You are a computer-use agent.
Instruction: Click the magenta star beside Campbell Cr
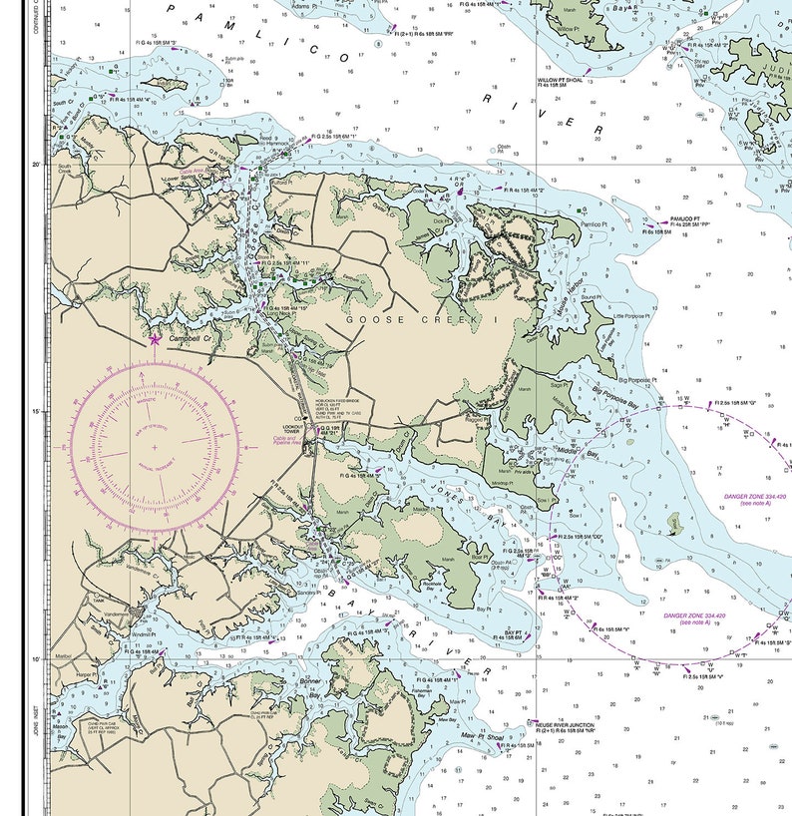(x=155, y=339)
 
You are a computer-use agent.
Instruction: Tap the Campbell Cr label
(x=191, y=339)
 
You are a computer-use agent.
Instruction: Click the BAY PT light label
(x=514, y=634)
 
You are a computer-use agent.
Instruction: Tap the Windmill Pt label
(x=117, y=634)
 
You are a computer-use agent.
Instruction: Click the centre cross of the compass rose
(x=155, y=447)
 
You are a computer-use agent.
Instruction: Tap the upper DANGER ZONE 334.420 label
(x=755, y=499)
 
